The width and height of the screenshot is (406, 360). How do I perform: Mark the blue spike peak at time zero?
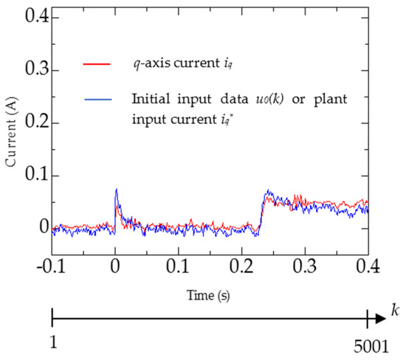pyautogui.click(x=116, y=190)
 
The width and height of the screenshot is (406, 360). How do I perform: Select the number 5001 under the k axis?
pyautogui.click(x=367, y=345)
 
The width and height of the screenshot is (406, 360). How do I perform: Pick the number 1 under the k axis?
pyautogui.click(x=52, y=345)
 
